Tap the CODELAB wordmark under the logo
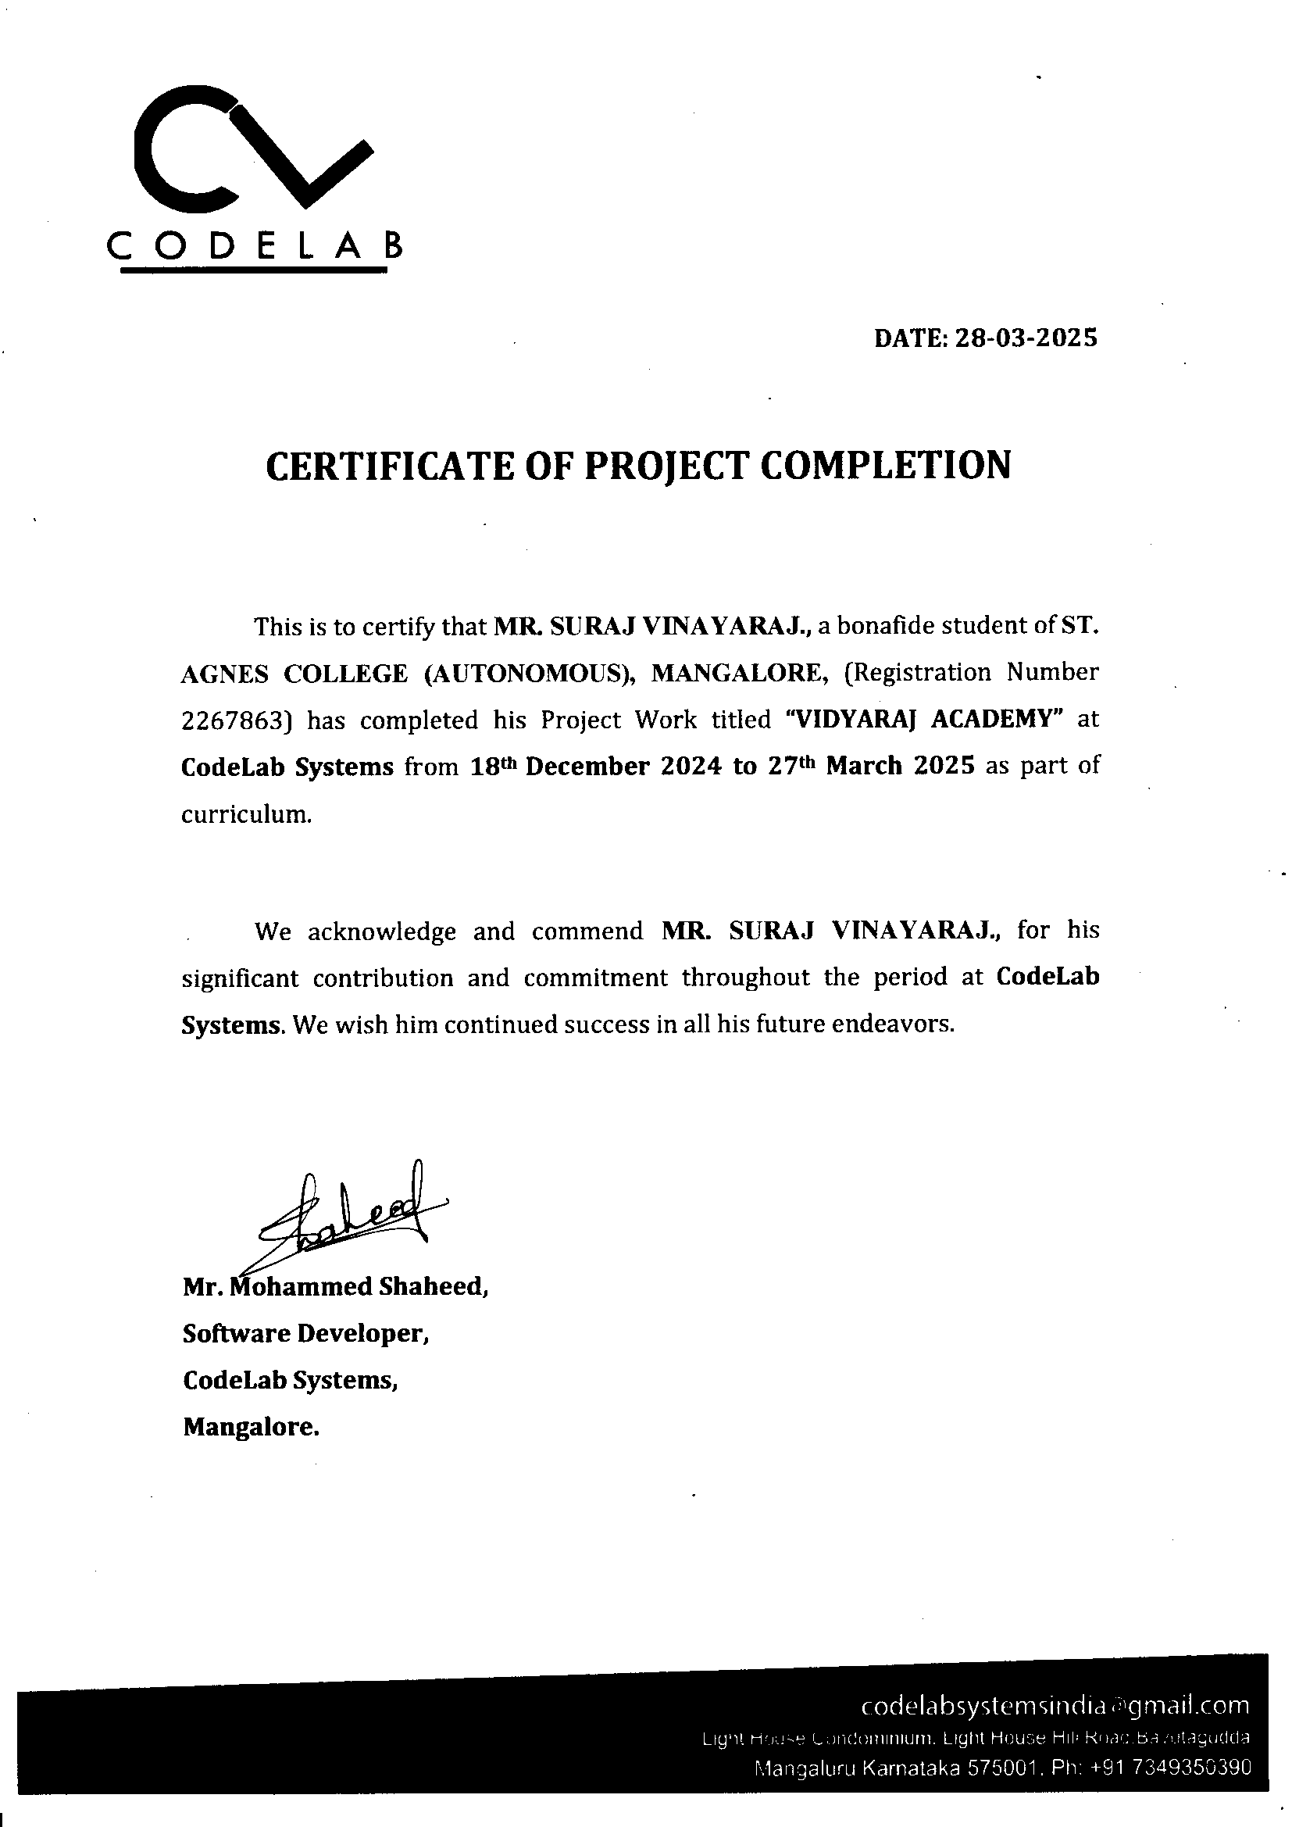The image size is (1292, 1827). pyautogui.click(x=255, y=248)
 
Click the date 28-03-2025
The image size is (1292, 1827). pyautogui.click(x=1026, y=338)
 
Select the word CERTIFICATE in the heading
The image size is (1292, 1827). pyautogui.click(x=387, y=466)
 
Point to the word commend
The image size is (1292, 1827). pyautogui.click(x=587, y=931)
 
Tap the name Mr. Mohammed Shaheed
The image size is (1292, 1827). pyautogui.click(x=335, y=1287)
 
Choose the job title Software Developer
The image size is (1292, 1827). pyautogui.click(x=305, y=1334)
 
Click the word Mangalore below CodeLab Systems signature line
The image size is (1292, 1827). pyautogui.click(x=251, y=1428)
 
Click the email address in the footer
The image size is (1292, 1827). pyautogui.click(x=1055, y=1706)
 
